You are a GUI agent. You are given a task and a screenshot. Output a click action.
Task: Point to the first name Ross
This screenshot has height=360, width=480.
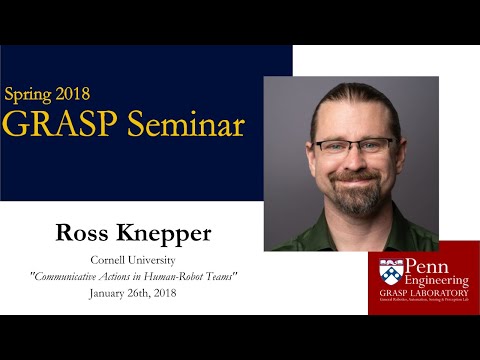(83, 236)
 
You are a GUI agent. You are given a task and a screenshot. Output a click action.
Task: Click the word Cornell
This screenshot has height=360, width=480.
(113, 259)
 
